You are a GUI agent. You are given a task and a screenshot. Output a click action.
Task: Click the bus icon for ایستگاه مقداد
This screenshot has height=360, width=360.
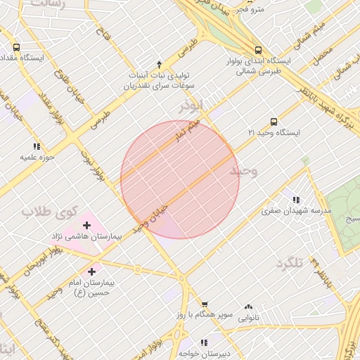pyautogui.click(x=17, y=47)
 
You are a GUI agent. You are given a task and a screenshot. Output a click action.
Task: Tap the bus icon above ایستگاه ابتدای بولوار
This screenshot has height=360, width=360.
pyautogui.click(x=259, y=50)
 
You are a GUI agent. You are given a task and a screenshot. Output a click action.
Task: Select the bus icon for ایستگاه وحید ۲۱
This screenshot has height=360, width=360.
pyautogui.click(x=274, y=122)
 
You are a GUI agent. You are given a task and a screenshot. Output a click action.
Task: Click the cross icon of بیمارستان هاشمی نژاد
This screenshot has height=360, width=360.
pyautogui.click(x=86, y=226)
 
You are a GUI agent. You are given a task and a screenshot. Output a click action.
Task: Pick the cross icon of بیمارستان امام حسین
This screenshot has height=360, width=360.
pyautogui.click(x=92, y=271)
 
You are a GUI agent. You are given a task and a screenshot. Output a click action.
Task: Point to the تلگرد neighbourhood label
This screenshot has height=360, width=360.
pyautogui.click(x=290, y=262)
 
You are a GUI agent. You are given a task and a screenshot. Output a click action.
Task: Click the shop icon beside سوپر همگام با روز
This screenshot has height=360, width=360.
pyautogui.click(x=205, y=305)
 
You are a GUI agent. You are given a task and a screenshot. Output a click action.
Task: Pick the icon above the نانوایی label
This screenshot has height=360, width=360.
pyautogui.click(x=248, y=307)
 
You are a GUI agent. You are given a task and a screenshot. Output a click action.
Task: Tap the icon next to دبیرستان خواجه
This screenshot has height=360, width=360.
pyautogui.click(x=204, y=343)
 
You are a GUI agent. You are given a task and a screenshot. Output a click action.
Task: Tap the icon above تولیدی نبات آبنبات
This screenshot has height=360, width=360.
pyautogui.click(x=160, y=64)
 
